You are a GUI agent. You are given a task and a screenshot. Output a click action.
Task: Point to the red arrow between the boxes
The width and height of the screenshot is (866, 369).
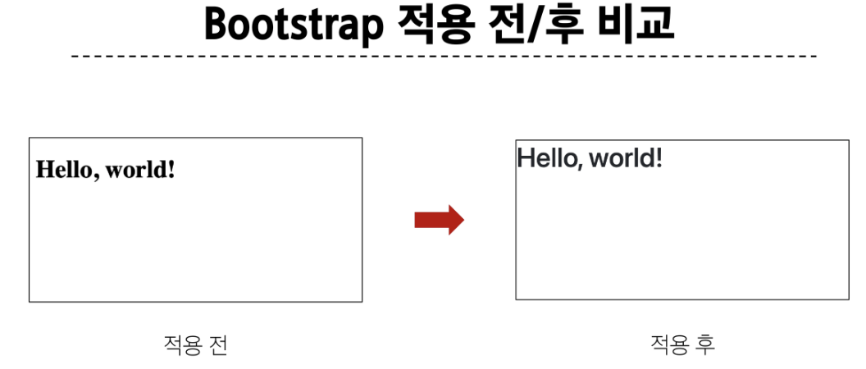point(439,221)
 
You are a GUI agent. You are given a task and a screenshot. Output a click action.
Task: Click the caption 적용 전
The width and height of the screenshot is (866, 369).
point(195,345)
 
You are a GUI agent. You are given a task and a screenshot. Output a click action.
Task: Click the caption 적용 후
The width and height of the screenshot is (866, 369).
point(682,344)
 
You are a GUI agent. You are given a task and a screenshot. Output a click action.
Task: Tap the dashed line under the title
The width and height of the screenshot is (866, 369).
point(443,57)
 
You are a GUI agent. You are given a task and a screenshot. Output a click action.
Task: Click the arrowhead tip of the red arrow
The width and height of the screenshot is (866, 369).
point(463,221)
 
